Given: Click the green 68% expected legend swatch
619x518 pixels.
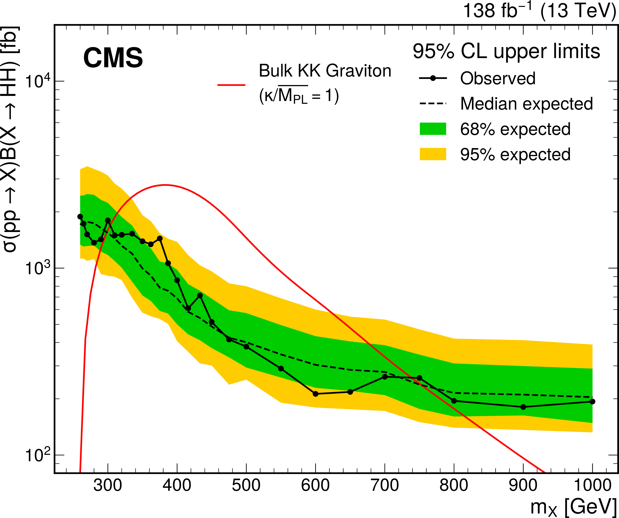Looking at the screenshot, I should coord(433,129).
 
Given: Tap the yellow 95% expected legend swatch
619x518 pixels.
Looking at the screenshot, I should coord(433,154).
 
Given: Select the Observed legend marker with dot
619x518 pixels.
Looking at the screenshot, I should coord(433,78).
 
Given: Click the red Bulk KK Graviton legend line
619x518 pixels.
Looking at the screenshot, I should coord(231,85).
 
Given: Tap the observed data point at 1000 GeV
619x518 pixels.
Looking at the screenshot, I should coord(593,401).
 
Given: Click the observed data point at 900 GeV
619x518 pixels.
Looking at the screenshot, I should coord(523,407).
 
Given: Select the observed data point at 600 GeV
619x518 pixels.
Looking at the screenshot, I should coord(315,394).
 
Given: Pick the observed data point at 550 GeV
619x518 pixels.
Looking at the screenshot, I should coord(281,368).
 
